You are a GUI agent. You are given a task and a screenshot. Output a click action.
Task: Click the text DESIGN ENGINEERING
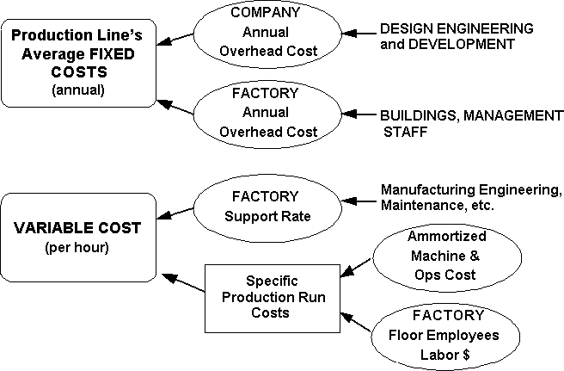(456, 28)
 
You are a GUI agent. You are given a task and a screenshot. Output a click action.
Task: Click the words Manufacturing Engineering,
(469, 189)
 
